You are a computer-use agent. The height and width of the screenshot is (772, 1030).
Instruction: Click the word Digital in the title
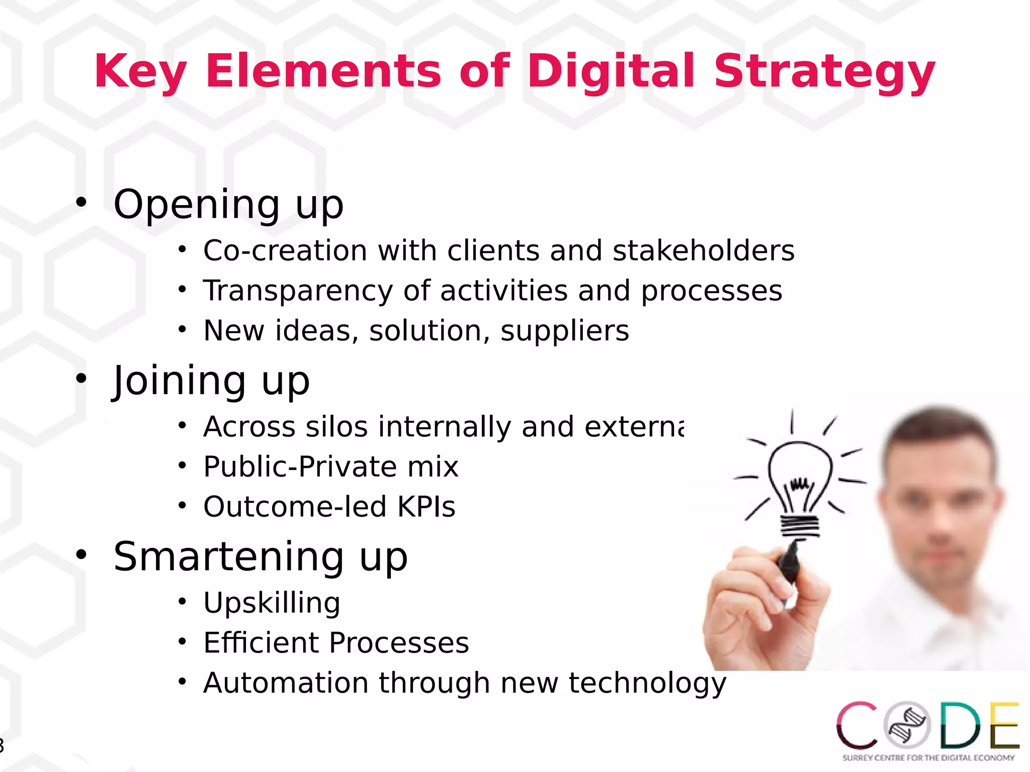click(x=611, y=71)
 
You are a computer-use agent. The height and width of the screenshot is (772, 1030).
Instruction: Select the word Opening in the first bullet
click(x=197, y=205)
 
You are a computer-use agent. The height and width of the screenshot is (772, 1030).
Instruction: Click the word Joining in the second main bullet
click(x=179, y=380)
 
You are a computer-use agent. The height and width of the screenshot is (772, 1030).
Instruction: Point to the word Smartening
click(x=228, y=557)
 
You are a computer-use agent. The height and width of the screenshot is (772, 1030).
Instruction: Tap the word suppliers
click(x=564, y=331)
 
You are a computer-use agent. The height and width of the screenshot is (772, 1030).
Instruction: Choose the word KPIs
click(x=426, y=507)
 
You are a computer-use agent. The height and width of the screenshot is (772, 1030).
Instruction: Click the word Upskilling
click(x=272, y=603)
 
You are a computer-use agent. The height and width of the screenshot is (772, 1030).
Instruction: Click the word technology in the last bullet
click(x=647, y=684)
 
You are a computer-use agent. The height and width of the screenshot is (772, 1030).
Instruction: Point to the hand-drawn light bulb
click(x=800, y=482)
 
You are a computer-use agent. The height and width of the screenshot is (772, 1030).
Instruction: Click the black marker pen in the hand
click(x=789, y=560)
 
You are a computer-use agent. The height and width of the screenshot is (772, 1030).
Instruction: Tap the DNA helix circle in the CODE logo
click(x=908, y=725)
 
